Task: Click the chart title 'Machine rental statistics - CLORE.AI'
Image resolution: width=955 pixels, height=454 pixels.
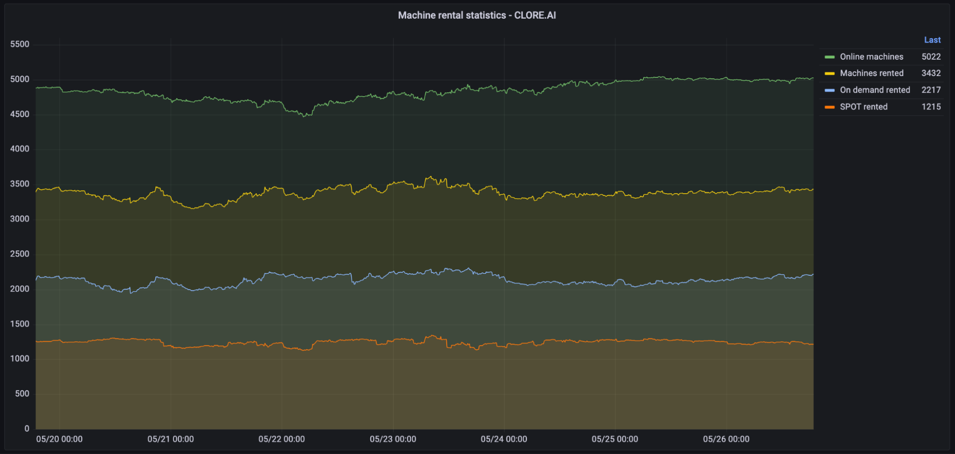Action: click(477, 15)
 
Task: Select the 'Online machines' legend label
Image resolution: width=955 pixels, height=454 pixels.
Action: click(871, 57)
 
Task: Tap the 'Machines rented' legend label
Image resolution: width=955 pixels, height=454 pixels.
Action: click(871, 73)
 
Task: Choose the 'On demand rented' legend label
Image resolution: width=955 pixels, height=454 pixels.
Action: click(875, 90)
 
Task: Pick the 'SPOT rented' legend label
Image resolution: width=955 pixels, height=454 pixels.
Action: click(863, 107)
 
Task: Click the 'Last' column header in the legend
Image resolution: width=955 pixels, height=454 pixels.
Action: click(932, 40)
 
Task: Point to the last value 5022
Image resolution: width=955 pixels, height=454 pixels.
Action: click(931, 57)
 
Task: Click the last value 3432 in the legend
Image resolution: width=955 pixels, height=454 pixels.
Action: click(931, 73)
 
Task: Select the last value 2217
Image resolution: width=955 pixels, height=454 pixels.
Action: click(931, 90)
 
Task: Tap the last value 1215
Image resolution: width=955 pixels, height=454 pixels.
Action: click(931, 107)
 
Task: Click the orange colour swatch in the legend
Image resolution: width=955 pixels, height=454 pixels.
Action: click(829, 107)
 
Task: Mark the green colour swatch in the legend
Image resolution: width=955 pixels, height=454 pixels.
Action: click(829, 57)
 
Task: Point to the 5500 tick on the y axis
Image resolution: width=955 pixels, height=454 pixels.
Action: click(20, 44)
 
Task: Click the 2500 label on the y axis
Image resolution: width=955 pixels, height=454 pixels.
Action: click(20, 254)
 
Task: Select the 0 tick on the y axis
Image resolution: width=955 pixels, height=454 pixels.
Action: click(27, 429)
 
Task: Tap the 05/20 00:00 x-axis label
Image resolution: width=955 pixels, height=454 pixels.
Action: click(59, 439)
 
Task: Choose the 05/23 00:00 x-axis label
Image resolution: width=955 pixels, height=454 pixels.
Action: click(393, 439)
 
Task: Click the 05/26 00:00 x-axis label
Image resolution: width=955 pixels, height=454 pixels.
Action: click(726, 439)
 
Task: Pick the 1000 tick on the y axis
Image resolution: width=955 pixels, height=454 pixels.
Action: click(20, 359)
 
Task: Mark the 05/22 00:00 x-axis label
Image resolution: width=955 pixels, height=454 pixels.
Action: click(281, 439)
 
